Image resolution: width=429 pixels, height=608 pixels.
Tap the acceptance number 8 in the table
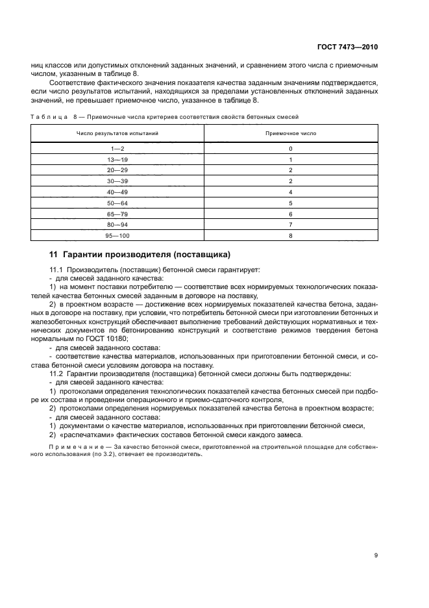(291, 235)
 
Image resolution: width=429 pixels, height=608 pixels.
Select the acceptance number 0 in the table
(291, 148)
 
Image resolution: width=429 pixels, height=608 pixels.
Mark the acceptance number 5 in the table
(291, 203)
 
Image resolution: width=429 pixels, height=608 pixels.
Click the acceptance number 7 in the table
(291, 224)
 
